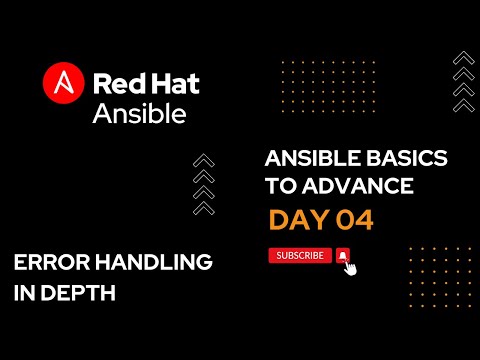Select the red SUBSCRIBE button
click(300, 255)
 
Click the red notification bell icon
click(343, 255)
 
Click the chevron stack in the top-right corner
click(462, 80)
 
